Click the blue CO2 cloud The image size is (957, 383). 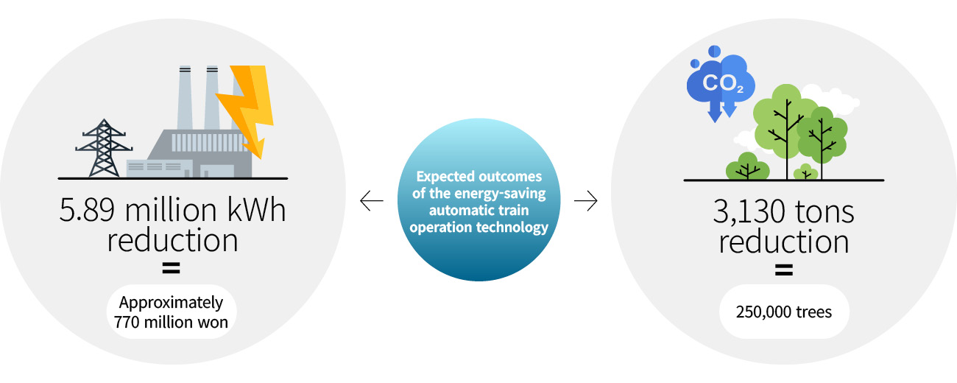721,82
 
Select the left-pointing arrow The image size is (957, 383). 372,201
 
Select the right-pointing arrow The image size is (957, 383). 586,201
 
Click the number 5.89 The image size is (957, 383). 87,211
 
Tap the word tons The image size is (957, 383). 825,213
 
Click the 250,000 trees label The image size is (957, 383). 784,312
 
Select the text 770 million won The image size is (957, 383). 171,323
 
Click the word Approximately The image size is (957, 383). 171,303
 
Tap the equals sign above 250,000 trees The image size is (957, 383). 784,270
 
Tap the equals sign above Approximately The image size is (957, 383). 172,268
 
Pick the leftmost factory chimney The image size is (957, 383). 185,97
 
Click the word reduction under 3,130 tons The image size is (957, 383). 784,242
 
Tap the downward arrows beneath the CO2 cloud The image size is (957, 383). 722,111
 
